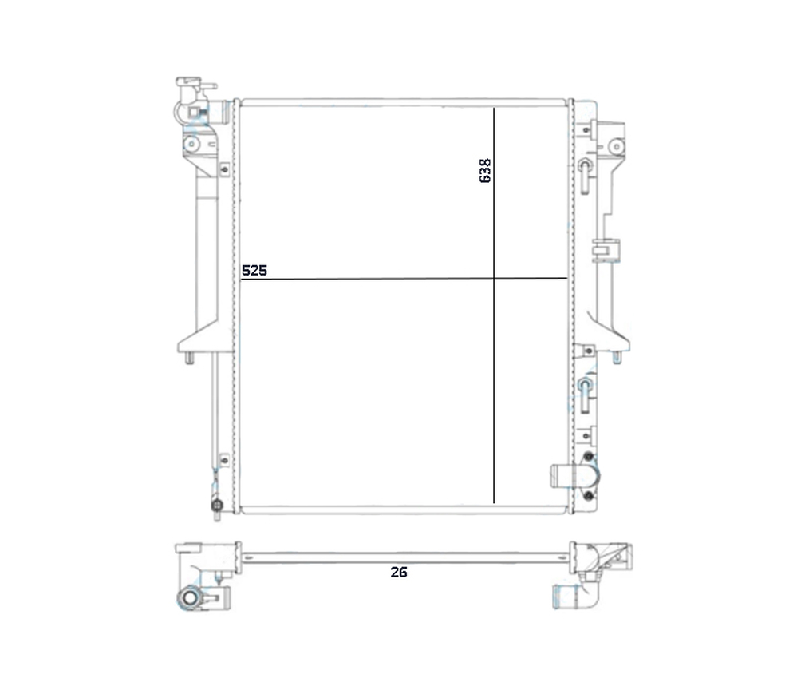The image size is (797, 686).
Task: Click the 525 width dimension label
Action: [254, 270]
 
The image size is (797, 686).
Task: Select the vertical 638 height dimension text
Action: [485, 170]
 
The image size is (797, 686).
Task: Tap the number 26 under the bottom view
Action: [399, 572]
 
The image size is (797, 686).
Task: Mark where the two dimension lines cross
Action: [494, 278]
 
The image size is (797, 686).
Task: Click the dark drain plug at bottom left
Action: [217, 506]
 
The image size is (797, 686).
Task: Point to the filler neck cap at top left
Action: [195, 83]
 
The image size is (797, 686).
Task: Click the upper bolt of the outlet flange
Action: [589, 457]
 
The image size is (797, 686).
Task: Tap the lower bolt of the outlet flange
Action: [589, 495]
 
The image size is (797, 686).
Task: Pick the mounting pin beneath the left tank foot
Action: [189, 359]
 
